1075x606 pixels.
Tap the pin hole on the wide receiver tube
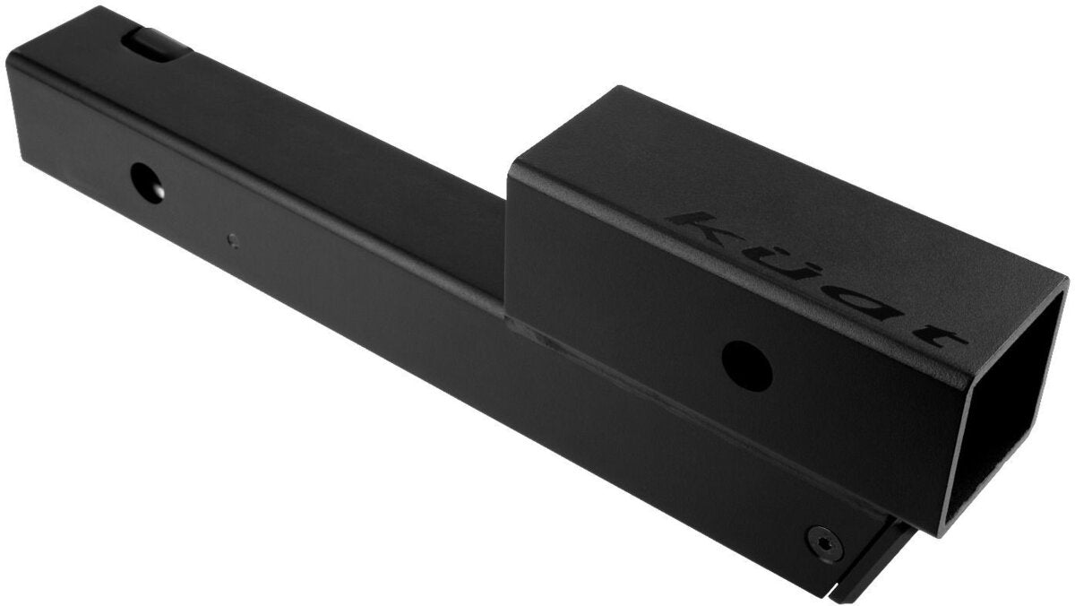[747, 360]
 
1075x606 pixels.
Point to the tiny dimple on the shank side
[233, 239]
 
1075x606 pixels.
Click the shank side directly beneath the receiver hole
[717, 448]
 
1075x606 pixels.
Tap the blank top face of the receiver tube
[627, 152]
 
